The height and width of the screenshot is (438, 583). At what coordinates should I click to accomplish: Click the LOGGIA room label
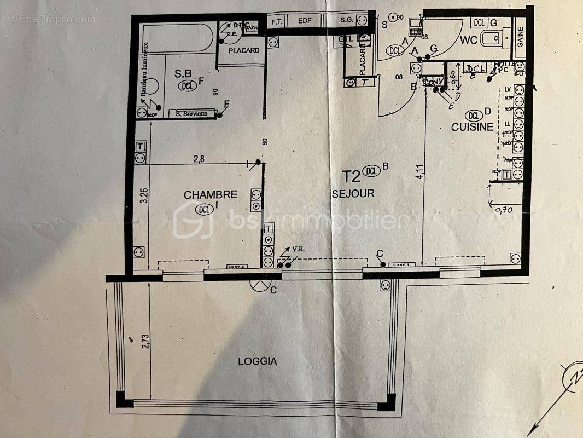pyautogui.click(x=258, y=361)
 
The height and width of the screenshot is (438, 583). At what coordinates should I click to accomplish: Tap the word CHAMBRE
pyautogui.click(x=211, y=194)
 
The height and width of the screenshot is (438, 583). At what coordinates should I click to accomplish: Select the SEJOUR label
pyautogui.click(x=353, y=193)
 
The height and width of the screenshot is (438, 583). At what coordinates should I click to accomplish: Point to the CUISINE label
pyautogui.click(x=472, y=127)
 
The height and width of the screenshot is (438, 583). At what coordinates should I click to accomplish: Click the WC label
pyautogui.click(x=469, y=40)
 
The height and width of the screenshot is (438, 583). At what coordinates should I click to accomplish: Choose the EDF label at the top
pyautogui.click(x=304, y=21)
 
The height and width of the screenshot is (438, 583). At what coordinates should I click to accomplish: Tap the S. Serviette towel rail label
pyautogui.click(x=191, y=114)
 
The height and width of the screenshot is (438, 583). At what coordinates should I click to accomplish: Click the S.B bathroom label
pyautogui.click(x=182, y=73)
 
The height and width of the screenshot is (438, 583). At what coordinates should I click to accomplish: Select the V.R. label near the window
pyautogui.click(x=298, y=250)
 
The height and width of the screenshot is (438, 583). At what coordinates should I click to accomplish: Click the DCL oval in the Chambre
pyautogui.click(x=205, y=208)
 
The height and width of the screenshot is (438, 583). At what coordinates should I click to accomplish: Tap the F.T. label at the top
pyautogui.click(x=276, y=21)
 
